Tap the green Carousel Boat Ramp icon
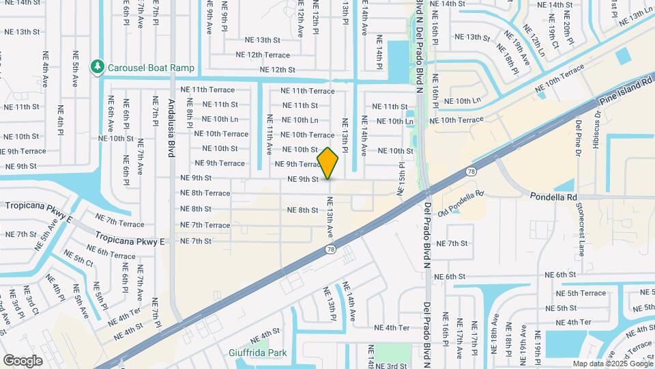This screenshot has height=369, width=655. (x=98, y=67)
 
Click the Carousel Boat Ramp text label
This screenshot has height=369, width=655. (x=151, y=68)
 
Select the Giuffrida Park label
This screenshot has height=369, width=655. (x=258, y=353)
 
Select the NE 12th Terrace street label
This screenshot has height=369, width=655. (x=263, y=55)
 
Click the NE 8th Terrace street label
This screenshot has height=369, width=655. (x=205, y=193)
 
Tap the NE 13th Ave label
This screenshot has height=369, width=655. (x=330, y=217)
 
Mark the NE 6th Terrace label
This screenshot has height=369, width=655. (x=111, y=254)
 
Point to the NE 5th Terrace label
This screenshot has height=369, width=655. (x=577, y=293)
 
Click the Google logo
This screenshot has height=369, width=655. (x=23, y=360)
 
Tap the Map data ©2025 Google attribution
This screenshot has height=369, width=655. (x=612, y=364)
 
